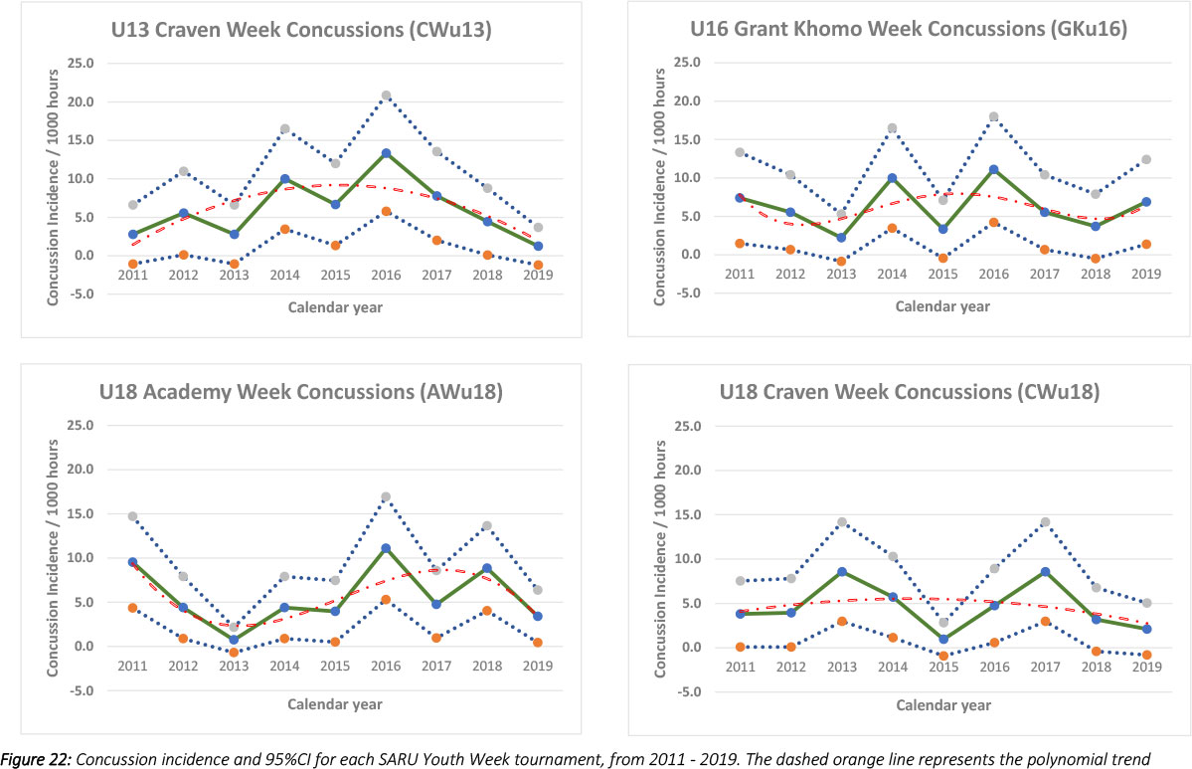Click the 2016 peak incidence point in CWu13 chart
click(386, 153)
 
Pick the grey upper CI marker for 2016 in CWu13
click(386, 96)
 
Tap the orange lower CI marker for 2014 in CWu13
click(284, 229)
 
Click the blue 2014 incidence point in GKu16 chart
click(892, 178)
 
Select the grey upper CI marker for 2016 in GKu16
click(993, 116)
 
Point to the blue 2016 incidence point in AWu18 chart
click(386, 548)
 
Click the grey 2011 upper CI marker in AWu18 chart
click(132, 516)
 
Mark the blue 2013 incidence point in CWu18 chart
click(841, 571)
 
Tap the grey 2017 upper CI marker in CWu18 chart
click(1044, 521)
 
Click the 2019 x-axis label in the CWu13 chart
click(538, 274)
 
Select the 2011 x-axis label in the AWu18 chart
click(132, 666)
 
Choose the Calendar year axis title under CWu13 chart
click(335, 307)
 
